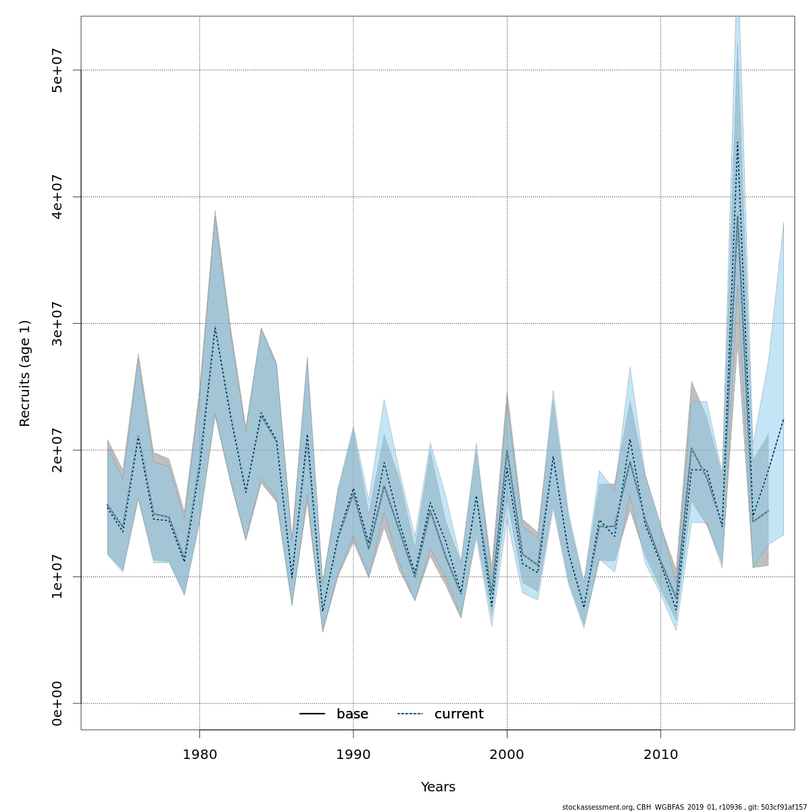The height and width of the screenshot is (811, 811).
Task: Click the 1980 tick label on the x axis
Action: [x=199, y=754]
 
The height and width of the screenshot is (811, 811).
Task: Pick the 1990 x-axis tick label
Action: [x=353, y=754]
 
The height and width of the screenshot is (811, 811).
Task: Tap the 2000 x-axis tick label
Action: [x=507, y=754]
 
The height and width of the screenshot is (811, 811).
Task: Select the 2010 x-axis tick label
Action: [x=660, y=754]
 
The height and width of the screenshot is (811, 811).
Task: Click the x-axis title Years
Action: [x=438, y=787]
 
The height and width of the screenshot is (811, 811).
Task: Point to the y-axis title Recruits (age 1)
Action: [x=25, y=373]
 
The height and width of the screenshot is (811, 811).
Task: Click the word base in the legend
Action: [x=352, y=714]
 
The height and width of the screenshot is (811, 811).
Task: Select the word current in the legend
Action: [x=459, y=714]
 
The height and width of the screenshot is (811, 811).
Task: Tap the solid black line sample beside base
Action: [x=312, y=714]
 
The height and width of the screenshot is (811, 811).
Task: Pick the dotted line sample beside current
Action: [x=410, y=714]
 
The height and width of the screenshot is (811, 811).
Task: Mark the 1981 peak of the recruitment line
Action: [x=215, y=327]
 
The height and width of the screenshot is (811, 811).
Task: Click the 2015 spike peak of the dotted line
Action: [x=737, y=141]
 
